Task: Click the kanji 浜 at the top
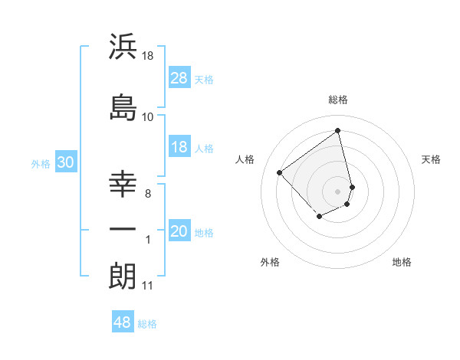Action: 123,47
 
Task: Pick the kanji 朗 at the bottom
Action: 123,276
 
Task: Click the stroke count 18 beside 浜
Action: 148,57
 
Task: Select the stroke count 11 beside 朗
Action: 148,286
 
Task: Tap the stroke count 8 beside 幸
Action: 148,194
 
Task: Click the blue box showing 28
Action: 179,78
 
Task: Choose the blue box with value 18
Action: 179,148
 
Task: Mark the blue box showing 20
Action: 179,232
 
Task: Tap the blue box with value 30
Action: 65,162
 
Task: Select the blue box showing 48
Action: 123,322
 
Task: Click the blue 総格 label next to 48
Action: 147,324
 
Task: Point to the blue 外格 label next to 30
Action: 41,163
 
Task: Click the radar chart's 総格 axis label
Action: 338,100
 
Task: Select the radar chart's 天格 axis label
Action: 431,159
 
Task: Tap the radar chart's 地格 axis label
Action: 402,262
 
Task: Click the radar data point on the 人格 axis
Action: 280,173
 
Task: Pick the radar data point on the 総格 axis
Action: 338,129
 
